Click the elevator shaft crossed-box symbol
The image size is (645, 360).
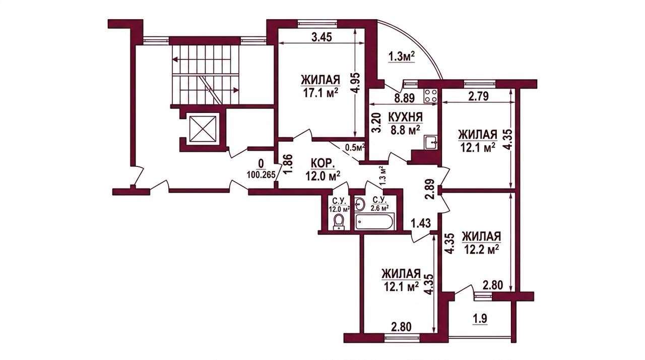pos(203,129)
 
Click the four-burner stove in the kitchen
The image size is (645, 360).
pos(431,96)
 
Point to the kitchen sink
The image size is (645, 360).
pos(431,143)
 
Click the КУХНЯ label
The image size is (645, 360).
pos(406,117)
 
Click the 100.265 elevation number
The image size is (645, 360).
pos(261,175)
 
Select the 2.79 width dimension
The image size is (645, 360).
pos(478,96)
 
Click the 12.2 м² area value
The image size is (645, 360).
pos(481,250)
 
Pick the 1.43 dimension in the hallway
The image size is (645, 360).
pos(421,223)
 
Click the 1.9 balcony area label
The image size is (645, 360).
pos(480,319)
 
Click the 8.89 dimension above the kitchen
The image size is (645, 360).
pos(405,98)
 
